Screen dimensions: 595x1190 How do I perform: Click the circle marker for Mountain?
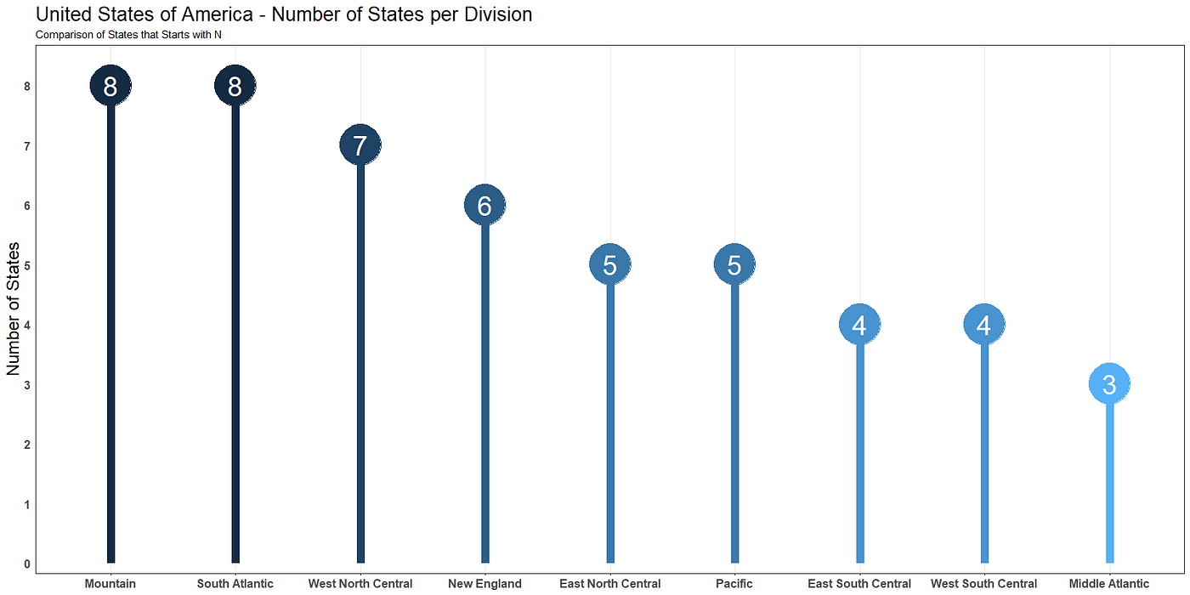(110, 86)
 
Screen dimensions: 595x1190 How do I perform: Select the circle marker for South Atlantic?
(235, 86)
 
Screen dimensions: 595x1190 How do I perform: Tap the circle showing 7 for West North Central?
(360, 145)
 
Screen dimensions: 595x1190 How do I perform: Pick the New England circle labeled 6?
(485, 205)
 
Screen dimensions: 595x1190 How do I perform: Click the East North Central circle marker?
(610, 265)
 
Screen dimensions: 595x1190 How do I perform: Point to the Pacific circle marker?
(735, 265)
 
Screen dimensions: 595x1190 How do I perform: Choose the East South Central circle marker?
(859, 325)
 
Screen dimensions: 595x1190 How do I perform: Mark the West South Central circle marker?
(984, 325)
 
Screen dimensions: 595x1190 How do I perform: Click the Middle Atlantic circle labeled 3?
(1109, 384)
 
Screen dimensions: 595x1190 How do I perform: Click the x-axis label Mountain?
(110, 584)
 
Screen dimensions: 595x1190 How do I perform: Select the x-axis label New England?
(485, 584)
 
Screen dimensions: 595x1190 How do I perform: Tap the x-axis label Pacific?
(735, 584)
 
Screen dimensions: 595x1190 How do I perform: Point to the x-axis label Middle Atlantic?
(1109, 584)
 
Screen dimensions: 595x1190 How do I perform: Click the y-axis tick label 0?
(27, 564)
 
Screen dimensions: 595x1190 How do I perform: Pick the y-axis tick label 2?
(27, 445)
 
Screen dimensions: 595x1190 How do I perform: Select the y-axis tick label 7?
(27, 146)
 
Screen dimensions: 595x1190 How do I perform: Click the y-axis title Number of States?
(14, 309)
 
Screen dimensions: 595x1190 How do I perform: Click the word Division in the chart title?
(498, 14)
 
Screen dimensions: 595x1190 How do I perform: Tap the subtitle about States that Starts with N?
(128, 35)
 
